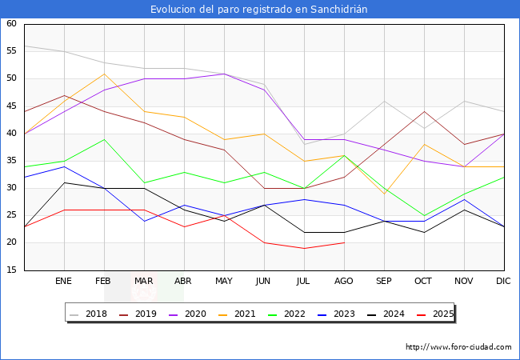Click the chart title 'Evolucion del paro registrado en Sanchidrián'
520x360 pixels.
pyautogui.click(x=260, y=9)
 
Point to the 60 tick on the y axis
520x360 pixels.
pyautogui.click(x=11, y=24)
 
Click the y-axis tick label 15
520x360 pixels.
pyautogui.click(x=11, y=270)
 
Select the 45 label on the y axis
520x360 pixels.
pyautogui.click(x=11, y=106)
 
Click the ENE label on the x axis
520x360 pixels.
pyautogui.click(x=64, y=281)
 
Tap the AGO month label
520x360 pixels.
pyautogui.click(x=344, y=281)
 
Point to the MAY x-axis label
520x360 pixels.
pyautogui.click(x=224, y=281)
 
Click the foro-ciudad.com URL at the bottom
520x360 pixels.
pyautogui.click(x=458, y=347)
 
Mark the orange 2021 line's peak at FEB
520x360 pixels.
pyautogui.click(x=104, y=74)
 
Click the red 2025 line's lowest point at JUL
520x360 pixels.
pyautogui.click(x=304, y=248)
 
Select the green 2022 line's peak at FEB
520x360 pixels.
pyautogui.click(x=104, y=139)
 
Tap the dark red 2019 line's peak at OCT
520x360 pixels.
pyautogui.click(x=424, y=112)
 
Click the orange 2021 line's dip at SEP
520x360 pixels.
pyautogui.click(x=384, y=194)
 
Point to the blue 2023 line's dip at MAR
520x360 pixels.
pyautogui.click(x=144, y=221)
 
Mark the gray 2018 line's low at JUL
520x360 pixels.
pyautogui.click(x=304, y=144)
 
